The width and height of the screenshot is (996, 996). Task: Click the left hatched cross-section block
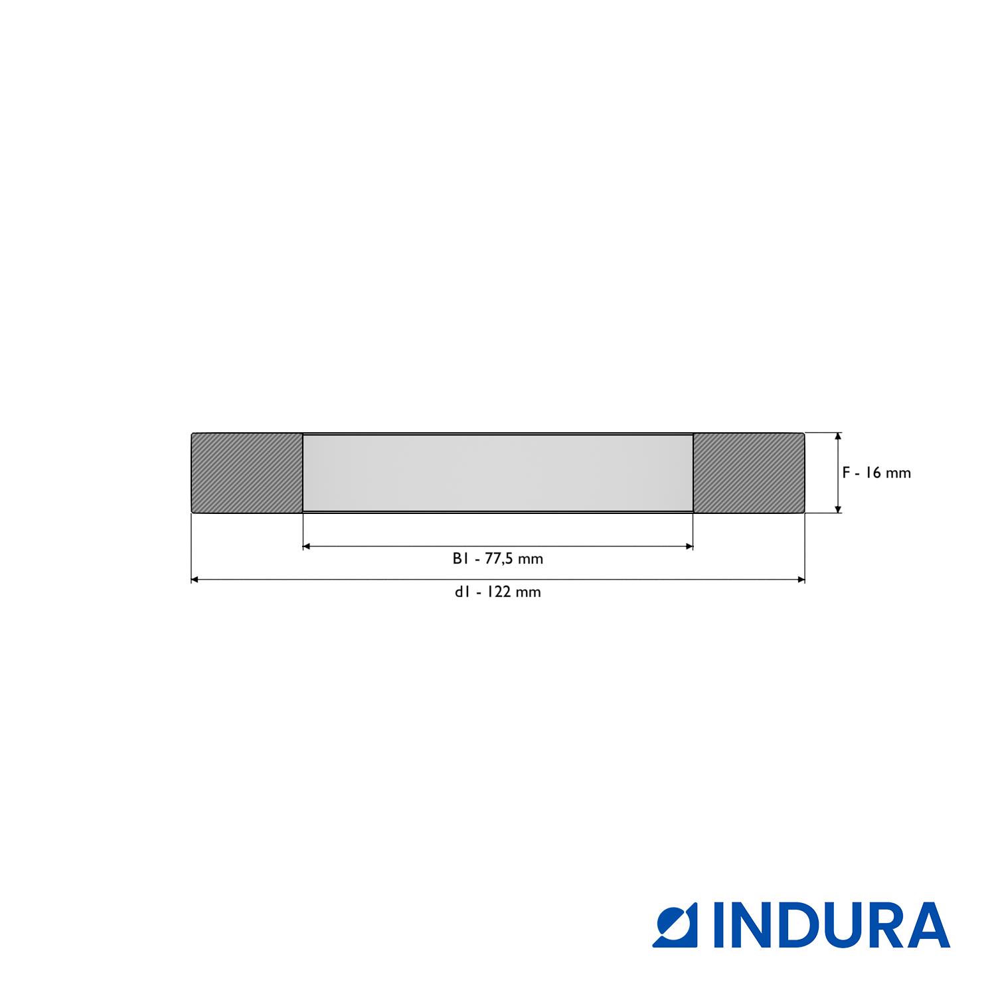pyautogui.click(x=247, y=473)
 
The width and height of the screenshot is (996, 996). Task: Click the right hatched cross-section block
pyautogui.click(x=749, y=473)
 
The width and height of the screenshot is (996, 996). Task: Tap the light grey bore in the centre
pyautogui.click(x=498, y=473)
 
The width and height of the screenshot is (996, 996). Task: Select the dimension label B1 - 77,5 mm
pyautogui.click(x=498, y=559)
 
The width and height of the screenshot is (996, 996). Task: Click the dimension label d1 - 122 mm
pyautogui.click(x=498, y=592)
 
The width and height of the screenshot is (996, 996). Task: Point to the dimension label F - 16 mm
pyautogui.click(x=876, y=473)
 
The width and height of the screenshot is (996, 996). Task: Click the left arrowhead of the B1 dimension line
pyautogui.click(x=307, y=546)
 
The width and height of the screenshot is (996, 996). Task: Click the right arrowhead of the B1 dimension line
pyautogui.click(x=689, y=546)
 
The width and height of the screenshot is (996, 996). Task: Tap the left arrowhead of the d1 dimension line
pyautogui.click(x=195, y=580)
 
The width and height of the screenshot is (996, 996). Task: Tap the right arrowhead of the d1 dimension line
pyautogui.click(x=801, y=580)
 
